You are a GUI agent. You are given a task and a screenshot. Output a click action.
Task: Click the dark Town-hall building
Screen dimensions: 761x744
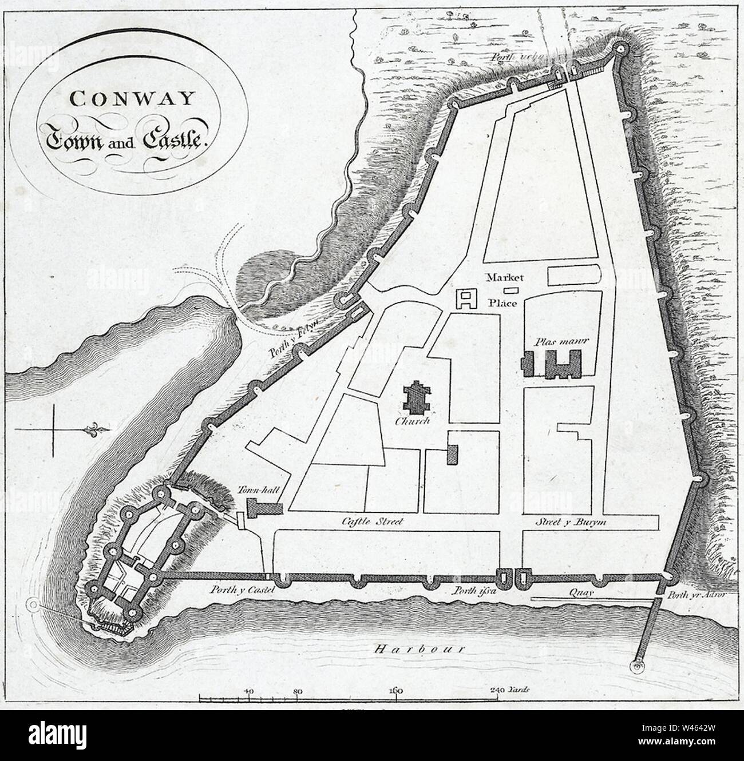click(x=264, y=508)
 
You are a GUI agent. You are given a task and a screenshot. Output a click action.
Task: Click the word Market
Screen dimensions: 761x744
click(x=502, y=278)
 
